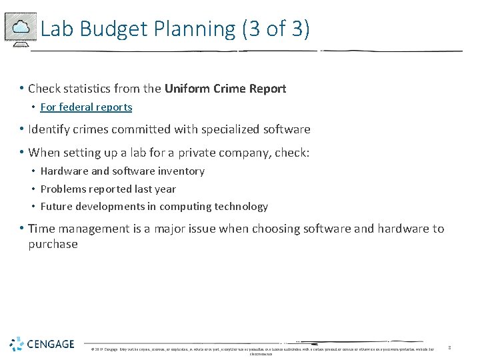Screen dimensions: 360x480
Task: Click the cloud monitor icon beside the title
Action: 20,28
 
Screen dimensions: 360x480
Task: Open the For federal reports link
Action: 86,107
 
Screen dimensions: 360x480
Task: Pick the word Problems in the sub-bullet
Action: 63,189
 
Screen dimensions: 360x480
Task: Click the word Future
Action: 57,207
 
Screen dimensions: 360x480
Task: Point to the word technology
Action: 241,207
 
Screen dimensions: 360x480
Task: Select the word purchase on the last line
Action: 53,244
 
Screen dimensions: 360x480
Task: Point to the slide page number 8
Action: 449,347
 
